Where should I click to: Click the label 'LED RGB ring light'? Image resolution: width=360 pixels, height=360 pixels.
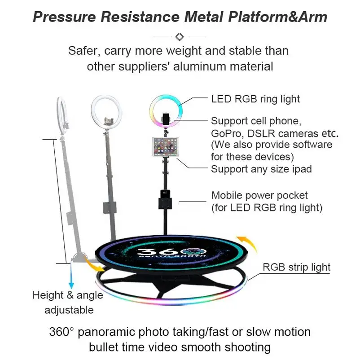tap(255, 99)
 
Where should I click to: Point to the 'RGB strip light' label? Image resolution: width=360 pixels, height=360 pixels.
tap(296, 267)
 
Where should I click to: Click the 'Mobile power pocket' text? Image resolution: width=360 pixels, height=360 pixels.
tap(259, 196)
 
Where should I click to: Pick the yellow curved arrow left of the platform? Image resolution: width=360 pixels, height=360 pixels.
tap(96, 268)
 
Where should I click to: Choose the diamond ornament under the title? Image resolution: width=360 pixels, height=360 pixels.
tap(180, 35)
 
